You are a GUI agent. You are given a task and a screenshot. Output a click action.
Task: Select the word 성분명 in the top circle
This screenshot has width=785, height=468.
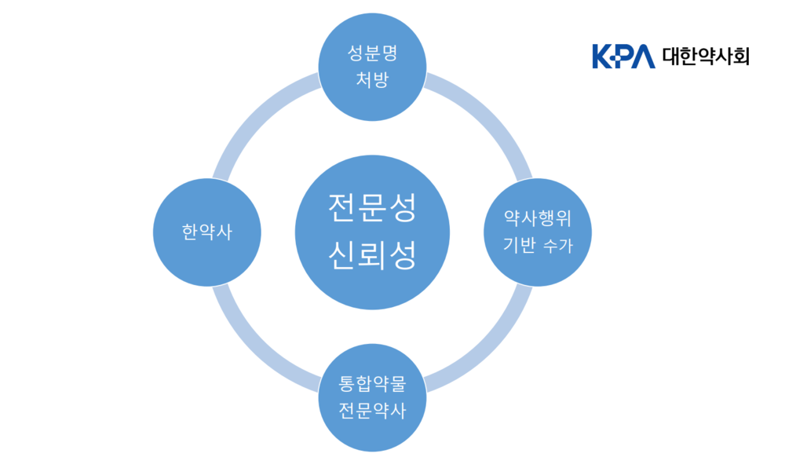coord(371,53)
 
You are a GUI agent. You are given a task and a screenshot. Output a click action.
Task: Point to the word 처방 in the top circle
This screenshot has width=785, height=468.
coord(371,79)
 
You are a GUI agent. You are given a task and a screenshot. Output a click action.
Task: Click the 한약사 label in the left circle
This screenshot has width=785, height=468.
coord(207,232)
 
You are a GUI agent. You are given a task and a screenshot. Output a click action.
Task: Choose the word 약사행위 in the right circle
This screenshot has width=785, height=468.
coord(537,218)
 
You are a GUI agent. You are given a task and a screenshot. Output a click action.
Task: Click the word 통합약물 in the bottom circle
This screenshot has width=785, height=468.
coord(372,385)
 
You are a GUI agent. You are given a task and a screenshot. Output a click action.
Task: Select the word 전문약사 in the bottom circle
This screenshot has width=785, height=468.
coord(372,411)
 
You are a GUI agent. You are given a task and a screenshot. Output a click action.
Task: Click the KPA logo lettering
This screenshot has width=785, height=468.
coord(623,57)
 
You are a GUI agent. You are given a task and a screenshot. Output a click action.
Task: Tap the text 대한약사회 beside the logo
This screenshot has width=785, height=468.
coord(706,57)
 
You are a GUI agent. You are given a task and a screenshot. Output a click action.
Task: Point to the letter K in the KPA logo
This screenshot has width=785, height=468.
coord(602,57)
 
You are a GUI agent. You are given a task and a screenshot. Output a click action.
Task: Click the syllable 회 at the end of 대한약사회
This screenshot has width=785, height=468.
coord(739,57)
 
